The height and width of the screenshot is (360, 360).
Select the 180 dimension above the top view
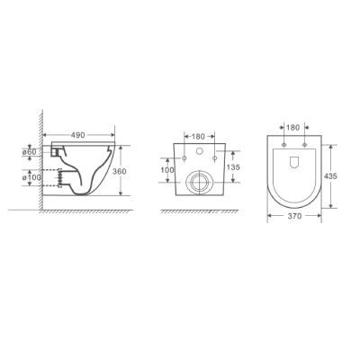pyautogui.click(x=293, y=129)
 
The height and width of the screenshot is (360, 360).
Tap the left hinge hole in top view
pyautogui.click(x=284, y=146)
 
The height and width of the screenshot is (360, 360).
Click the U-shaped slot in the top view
pyautogui.click(x=294, y=163)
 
